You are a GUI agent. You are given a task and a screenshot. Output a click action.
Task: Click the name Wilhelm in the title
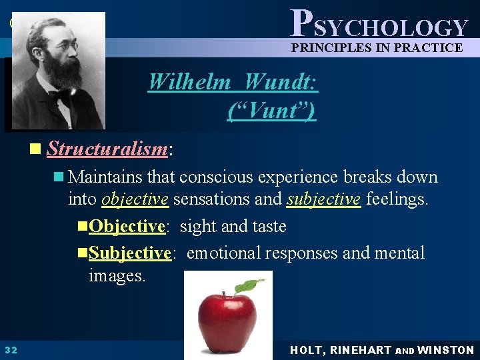(x=189, y=81)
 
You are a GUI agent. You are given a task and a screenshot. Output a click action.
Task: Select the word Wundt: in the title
(x=281, y=81)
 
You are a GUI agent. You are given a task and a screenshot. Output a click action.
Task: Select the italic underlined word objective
(x=135, y=199)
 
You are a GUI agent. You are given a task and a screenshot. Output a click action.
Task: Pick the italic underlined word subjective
(x=324, y=199)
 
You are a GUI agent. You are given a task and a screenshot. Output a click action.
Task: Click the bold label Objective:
(x=127, y=226)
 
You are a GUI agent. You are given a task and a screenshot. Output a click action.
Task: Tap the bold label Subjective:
(x=131, y=253)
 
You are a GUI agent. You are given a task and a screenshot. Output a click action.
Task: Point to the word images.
(x=117, y=275)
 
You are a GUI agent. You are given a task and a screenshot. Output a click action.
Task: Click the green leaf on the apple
(x=251, y=285)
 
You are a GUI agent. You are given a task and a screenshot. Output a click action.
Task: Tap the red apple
(x=227, y=317)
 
